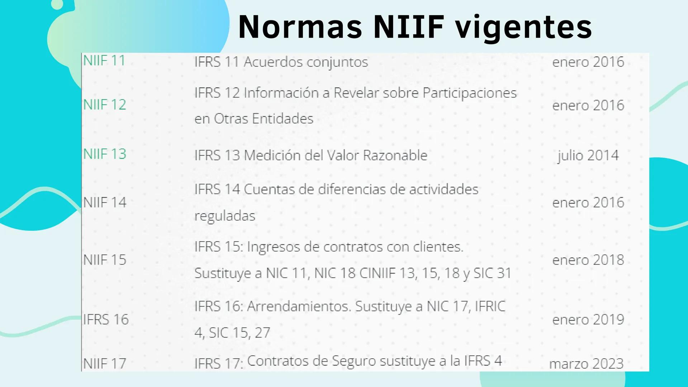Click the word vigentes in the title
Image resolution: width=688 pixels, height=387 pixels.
(x=523, y=28)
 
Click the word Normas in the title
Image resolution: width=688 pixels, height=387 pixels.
(x=300, y=27)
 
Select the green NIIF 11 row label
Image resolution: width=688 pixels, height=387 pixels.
(x=104, y=61)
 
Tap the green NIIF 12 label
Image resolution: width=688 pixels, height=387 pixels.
(x=105, y=105)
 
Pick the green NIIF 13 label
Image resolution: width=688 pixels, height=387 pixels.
(x=105, y=154)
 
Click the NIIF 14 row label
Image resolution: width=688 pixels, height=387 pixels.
(x=105, y=202)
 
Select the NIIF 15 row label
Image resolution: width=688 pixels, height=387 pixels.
(x=105, y=260)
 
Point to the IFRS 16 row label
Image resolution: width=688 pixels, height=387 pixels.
(x=106, y=319)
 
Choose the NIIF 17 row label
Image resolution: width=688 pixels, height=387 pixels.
(x=105, y=364)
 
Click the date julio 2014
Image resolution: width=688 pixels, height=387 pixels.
(x=588, y=156)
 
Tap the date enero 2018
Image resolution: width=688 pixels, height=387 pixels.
(x=588, y=260)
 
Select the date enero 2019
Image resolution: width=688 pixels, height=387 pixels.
(x=588, y=319)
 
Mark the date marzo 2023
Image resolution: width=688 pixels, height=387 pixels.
(x=587, y=364)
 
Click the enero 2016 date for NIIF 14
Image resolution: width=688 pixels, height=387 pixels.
(x=588, y=202)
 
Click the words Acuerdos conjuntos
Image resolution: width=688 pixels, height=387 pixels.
(x=306, y=62)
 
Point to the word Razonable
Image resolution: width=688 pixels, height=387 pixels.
(x=395, y=156)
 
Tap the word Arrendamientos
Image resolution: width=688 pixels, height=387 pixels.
(x=299, y=306)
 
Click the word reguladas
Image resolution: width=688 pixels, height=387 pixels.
(x=225, y=216)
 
